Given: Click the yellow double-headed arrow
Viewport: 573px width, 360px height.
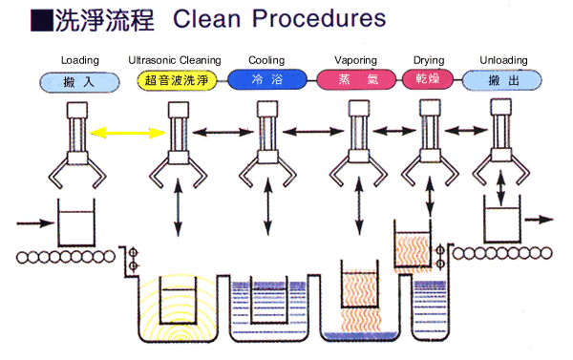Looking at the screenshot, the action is [128, 133].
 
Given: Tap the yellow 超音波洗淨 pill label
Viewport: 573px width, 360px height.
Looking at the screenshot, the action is [178, 80].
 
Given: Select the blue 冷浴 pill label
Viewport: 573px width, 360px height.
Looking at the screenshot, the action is [267, 79].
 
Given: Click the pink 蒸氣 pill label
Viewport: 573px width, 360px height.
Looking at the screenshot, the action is [356, 79].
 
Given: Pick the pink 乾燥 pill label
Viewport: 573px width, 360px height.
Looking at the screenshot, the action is [428, 79].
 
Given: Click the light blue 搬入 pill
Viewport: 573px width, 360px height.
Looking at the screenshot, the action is [79, 82].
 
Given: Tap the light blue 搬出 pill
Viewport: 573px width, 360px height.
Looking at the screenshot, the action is [502, 80].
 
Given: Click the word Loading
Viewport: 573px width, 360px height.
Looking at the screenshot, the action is [80, 60].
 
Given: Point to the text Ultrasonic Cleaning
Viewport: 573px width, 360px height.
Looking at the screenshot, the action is [175, 60].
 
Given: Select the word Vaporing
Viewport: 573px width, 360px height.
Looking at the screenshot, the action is [355, 60].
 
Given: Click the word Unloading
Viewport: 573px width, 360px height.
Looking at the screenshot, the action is [503, 60].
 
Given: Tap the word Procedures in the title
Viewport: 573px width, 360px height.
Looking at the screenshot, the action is [319, 18].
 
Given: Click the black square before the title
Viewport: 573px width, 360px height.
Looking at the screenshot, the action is [42, 20].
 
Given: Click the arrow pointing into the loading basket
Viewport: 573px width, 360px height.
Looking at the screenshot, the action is [35, 222].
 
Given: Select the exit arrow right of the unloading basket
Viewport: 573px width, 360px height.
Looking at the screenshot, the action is [539, 220].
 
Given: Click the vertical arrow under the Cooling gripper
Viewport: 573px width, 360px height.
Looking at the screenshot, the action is [268, 207].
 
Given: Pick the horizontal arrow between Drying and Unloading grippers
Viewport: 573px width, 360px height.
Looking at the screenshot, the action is [466, 130].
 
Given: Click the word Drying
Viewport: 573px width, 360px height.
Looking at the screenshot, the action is [429, 60].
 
